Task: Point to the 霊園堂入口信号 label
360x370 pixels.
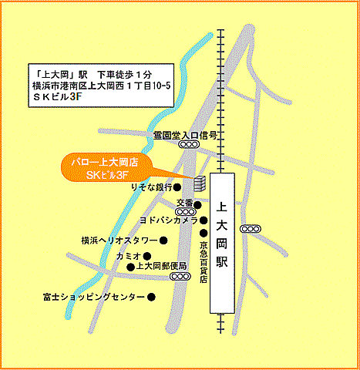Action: coord(184,134)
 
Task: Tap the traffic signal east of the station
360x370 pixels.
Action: coord(252,228)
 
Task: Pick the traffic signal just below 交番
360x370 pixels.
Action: coord(184,211)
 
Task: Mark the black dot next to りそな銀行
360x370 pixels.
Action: coord(177,187)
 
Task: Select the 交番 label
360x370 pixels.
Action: coord(184,204)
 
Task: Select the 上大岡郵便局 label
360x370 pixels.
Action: coord(162,267)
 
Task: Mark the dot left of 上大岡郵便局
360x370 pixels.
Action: coord(130,267)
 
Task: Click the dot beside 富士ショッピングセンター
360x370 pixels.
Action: coord(152,297)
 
